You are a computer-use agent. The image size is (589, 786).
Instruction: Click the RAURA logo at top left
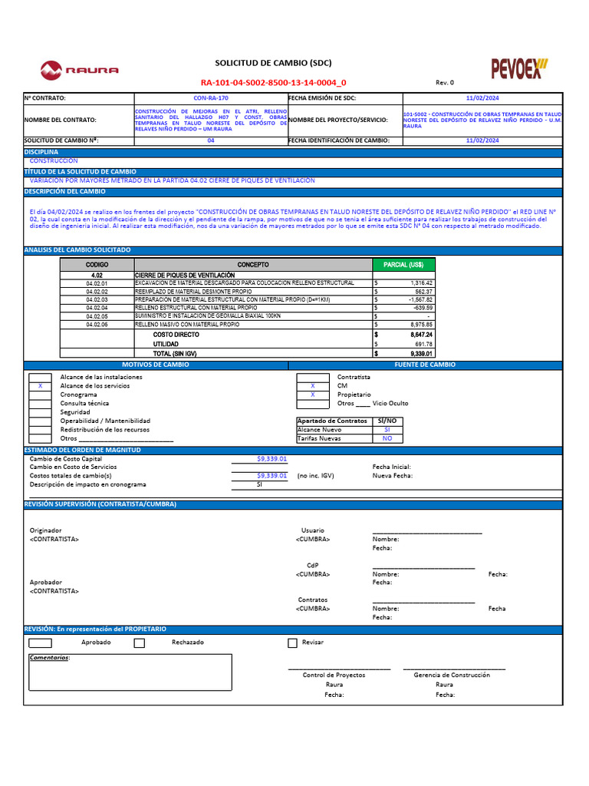(x=80, y=71)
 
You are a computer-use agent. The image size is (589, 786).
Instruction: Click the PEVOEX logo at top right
(x=519, y=68)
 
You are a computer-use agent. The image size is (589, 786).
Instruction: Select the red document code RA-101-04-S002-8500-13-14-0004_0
(x=273, y=82)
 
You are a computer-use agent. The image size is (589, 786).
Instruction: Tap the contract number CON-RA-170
(x=210, y=98)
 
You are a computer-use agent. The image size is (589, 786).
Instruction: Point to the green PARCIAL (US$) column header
(x=403, y=264)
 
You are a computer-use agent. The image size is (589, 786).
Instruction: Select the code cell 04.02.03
(x=97, y=299)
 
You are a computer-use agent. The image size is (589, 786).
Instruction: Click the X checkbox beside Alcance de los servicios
(x=40, y=386)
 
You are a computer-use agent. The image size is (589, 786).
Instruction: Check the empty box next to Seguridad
(x=40, y=412)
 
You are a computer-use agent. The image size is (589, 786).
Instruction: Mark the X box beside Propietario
(x=312, y=395)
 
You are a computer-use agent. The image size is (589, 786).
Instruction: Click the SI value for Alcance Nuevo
(x=387, y=430)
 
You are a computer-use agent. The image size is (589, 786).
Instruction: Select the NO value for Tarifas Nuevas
(x=387, y=438)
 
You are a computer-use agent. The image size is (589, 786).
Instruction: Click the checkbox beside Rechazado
(x=139, y=642)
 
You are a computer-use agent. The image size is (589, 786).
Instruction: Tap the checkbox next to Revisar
(x=292, y=642)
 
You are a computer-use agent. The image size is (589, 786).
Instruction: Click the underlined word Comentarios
(x=49, y=658)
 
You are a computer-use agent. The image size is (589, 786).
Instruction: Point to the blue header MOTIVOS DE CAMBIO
(x=156, y=365)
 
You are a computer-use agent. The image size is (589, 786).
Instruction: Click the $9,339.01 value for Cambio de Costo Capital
(x=271, y=458)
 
